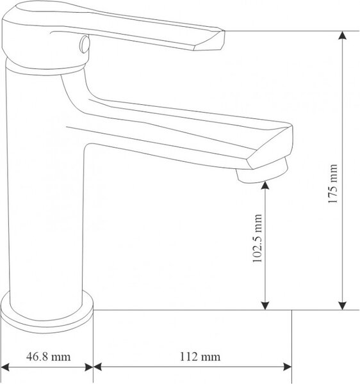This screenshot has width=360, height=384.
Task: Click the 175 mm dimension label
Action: tap(332, 184)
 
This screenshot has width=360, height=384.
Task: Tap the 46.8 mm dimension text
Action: tap(48, 356)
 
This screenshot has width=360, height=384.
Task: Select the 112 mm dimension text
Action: tap(200, 357)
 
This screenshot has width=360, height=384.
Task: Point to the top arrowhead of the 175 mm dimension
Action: tap(342, 35)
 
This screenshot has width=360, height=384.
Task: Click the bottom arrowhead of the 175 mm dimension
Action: tap(342, 306)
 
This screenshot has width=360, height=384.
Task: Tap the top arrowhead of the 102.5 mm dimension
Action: tap(265, 186)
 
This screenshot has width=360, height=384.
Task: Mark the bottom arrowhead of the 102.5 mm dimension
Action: tap(265, 306)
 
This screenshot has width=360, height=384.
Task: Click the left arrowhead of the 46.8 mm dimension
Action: tap(5, 367)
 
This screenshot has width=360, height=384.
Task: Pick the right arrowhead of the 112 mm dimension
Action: tap(287, 367)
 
